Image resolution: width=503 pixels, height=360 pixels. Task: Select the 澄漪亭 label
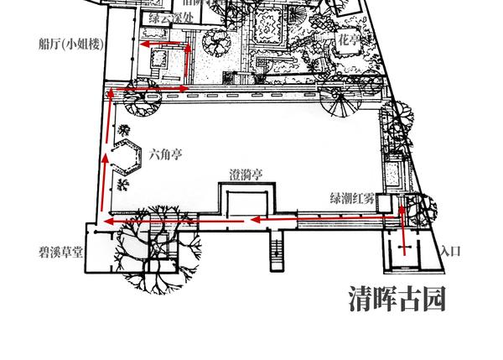click(246, 175)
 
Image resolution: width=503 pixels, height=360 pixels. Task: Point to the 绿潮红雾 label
click(352, 199)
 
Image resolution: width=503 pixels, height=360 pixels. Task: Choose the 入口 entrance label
click(451, 251)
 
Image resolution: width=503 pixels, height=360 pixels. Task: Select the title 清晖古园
click(397, 298)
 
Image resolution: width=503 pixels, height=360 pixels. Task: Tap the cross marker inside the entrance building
click(405, 249)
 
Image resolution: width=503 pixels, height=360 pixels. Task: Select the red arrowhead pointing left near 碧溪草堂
click(108, 221)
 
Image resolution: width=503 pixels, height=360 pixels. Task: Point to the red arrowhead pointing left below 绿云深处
click(145, 43)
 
